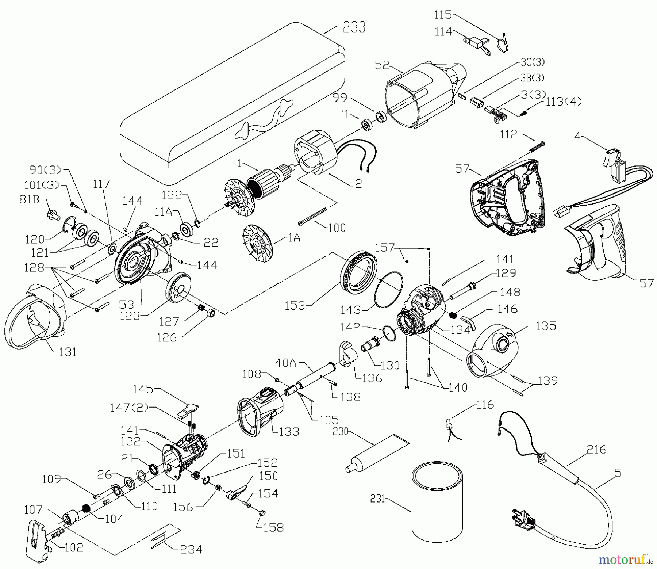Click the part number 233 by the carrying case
pyautogui.click(x=354, y=27)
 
